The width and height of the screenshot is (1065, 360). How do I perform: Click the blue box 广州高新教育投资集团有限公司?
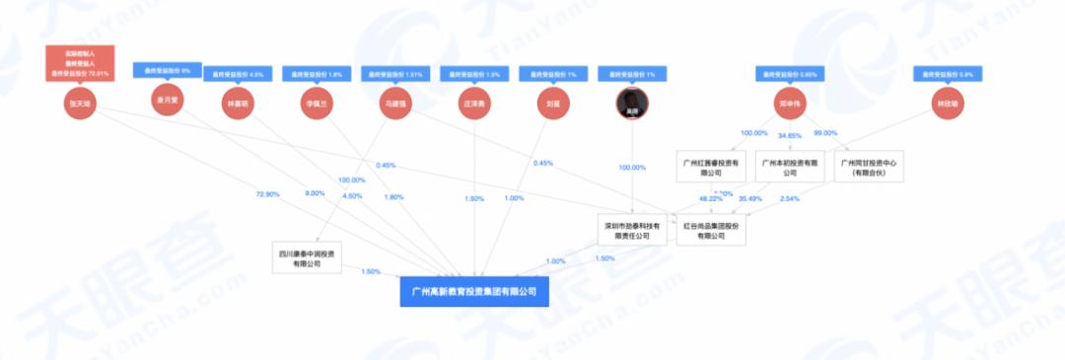(473, 292)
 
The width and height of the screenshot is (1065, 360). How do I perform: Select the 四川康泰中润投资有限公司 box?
(307, 259)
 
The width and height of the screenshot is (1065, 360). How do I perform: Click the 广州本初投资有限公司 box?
(789, 167)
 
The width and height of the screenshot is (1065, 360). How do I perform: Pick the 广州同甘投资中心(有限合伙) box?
(864, 167)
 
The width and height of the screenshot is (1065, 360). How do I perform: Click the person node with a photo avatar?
(632, 102)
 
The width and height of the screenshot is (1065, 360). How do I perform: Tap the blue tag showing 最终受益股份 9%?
(168, 70)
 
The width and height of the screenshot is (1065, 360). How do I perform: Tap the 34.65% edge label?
(790, 133)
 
